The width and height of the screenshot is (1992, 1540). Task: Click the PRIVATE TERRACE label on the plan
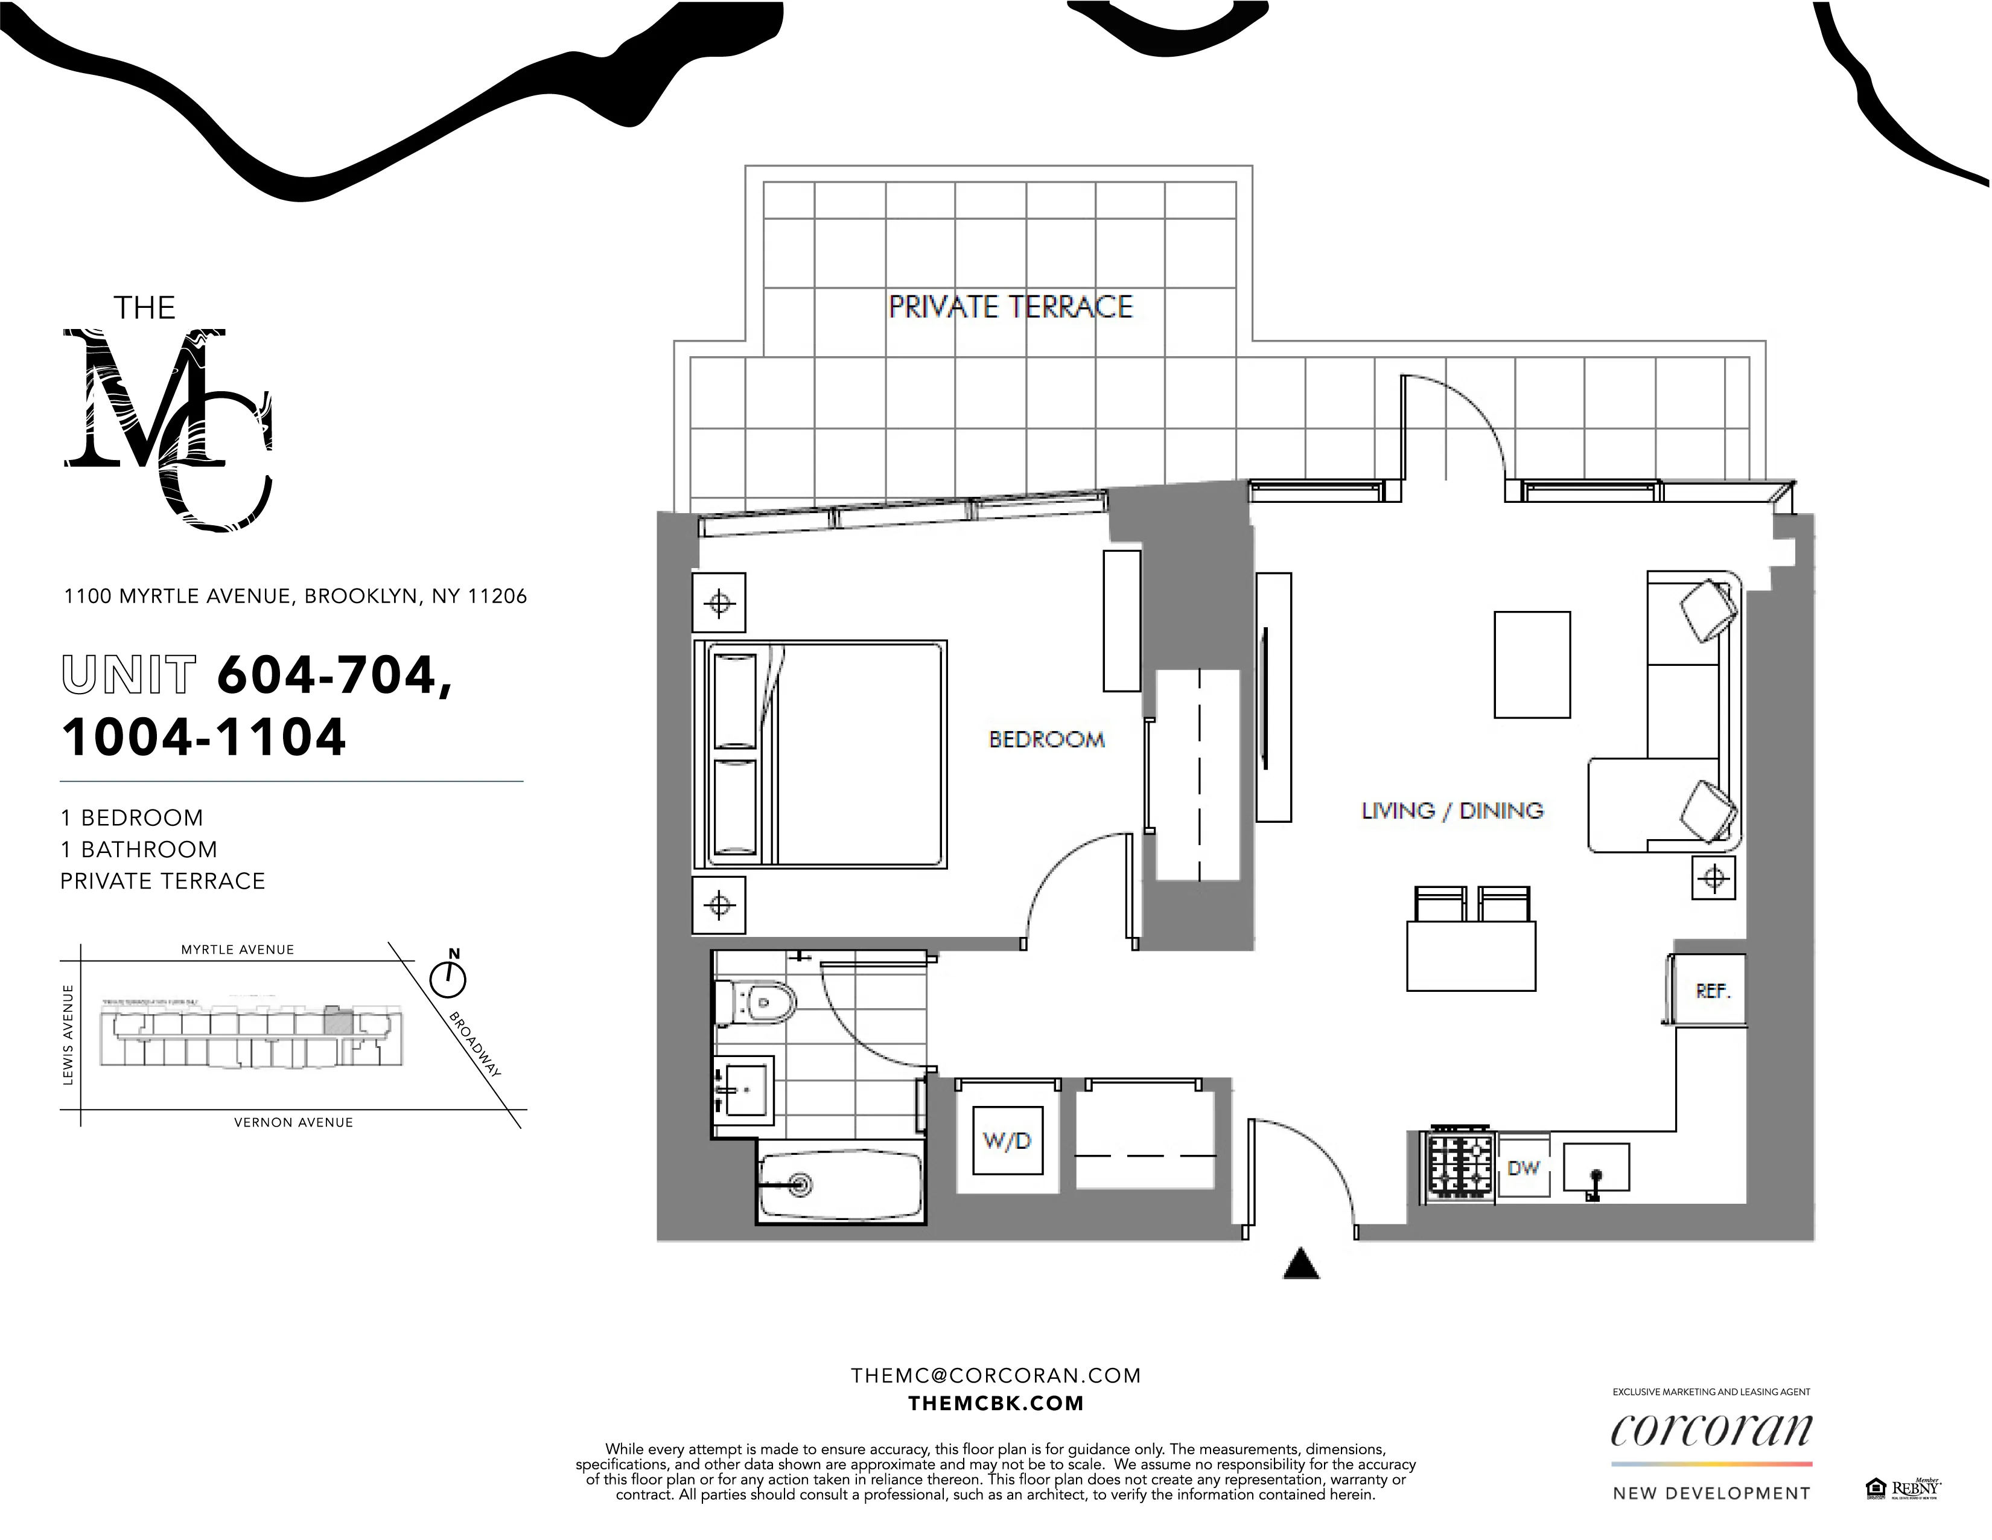click(1011, 307)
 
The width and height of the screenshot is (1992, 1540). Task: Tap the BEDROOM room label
click(1046, 739)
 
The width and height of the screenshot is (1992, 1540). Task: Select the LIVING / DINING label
click(1452, 810)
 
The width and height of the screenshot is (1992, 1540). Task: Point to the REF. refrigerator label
click(1713, 991)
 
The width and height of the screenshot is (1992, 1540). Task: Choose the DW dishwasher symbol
click(1523, 1168)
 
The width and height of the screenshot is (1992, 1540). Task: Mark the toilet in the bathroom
click(761, 1003)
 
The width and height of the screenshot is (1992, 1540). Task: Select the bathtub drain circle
click(802, 1184)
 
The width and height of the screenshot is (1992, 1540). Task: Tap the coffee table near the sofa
click(1532, 664)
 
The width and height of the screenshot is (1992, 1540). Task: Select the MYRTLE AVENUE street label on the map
click(237, 950)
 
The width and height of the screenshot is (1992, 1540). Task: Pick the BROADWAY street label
click(475, 1044)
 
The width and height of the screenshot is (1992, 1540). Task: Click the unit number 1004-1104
click(205, 737)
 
